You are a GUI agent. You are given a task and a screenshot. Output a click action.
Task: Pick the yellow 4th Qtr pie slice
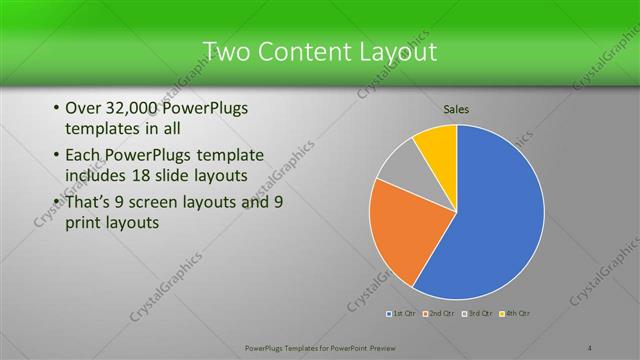(438, 146)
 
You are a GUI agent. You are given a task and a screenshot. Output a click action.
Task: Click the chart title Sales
(456, 109)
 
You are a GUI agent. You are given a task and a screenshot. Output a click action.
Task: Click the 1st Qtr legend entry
(401, 314)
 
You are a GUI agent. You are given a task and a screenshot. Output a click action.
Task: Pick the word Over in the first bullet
(81, 108)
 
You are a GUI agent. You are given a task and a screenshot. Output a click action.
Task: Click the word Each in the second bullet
(81, 155)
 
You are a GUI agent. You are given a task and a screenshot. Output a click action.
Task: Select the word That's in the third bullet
(87, 202)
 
